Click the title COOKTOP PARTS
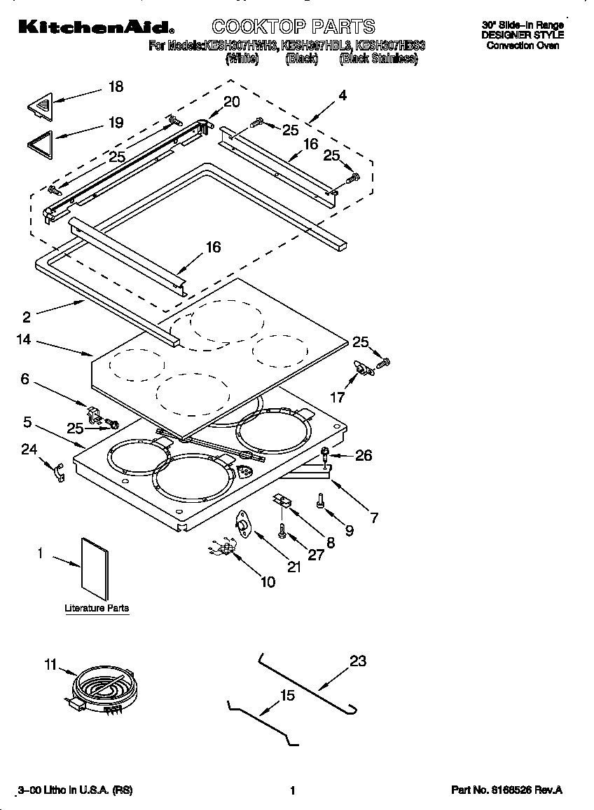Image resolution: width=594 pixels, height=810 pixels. [293, 27]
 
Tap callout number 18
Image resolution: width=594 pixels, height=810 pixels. [116, 86]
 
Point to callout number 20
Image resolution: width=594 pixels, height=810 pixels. [230, 102]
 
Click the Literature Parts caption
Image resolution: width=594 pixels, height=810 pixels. [97, 608]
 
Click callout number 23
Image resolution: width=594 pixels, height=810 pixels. [357, 661]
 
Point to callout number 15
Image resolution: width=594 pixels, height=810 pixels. [287, 695]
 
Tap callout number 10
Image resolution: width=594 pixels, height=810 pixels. [268, 581]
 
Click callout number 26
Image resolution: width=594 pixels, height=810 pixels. [363, 455]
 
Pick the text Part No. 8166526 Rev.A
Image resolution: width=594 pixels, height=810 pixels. [506, 790]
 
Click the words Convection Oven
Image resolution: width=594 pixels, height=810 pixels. [523, 46]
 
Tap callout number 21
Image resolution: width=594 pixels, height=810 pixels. [294, 567]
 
